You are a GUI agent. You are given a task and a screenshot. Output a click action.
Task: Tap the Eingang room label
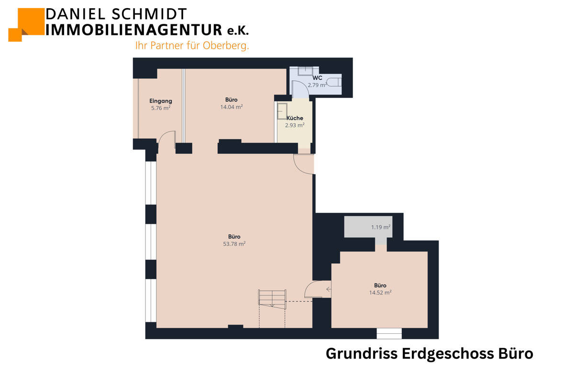pyautogui.click(x=161, y=101)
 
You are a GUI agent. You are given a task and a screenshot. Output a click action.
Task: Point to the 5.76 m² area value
pyautogui.click(x=161, y=108)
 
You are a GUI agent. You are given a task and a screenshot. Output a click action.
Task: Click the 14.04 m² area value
pyautogui.click(x=232, y=107)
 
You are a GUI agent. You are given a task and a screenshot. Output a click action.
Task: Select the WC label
pyautogui.click(x=317, y=77)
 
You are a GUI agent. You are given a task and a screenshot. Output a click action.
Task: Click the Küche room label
pyautogui.click(x=295, y=118)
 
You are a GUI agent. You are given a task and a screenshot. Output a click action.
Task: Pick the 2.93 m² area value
pyautogui.click(x=295, y=125)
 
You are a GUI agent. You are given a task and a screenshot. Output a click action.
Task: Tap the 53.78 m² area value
pyautogui.click(x=234, y=244)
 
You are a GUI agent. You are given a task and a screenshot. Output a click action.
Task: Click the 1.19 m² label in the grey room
pyautogui.click(x=381, y=227)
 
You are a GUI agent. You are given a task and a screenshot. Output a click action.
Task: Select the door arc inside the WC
pyautogui.click(x=298, y=89)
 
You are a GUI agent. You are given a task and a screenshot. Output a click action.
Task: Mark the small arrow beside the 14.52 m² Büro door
pyautogui.click(x=328, y=289)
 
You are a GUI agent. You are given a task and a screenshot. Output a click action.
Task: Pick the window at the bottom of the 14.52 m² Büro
pyautogui.click(x=389, y=333)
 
